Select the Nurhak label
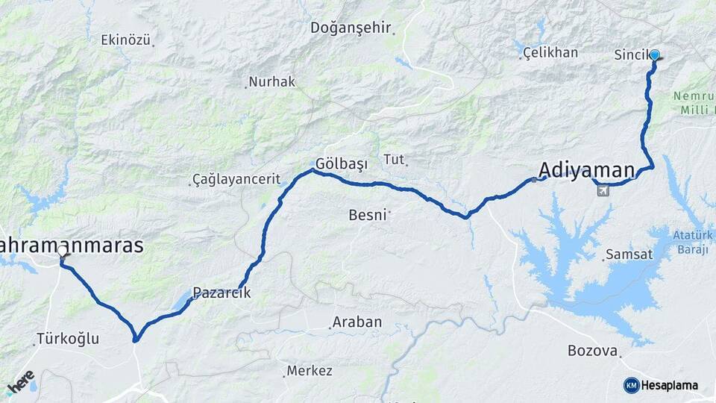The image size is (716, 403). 272,82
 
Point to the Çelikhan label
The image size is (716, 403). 550,52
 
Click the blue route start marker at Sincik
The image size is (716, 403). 655,54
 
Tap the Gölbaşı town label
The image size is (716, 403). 342,163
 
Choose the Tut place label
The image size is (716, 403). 393,158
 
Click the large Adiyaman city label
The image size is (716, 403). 587,169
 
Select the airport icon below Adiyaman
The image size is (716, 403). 603,190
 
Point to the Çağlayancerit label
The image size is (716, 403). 236,179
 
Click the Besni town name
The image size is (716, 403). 368,215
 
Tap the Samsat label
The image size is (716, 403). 628,254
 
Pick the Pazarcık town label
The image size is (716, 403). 222,293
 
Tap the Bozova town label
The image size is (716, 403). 592,351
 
